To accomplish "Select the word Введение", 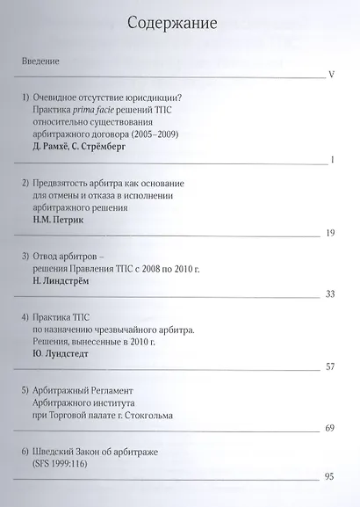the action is coord(41,62).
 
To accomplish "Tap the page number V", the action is coord(331,74).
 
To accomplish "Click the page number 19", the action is coord(330,232).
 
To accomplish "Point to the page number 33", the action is coord(330,293).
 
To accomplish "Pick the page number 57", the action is coord(330,366).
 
